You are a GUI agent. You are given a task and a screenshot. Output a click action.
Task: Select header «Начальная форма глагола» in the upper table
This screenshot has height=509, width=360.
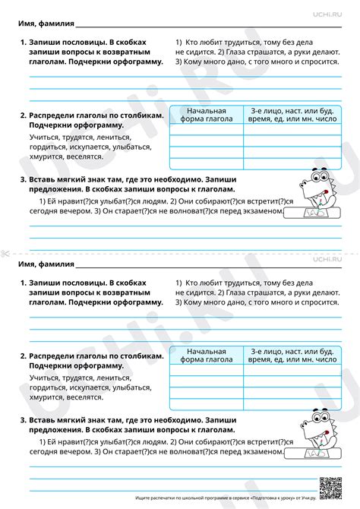point(207,115)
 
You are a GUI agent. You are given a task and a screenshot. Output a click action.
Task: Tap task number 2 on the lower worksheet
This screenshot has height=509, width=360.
point(23,356)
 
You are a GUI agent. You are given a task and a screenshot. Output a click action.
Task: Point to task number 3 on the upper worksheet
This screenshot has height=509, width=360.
point(23,180)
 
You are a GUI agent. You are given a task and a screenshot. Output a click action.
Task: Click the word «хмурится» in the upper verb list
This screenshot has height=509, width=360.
point(47,163)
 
